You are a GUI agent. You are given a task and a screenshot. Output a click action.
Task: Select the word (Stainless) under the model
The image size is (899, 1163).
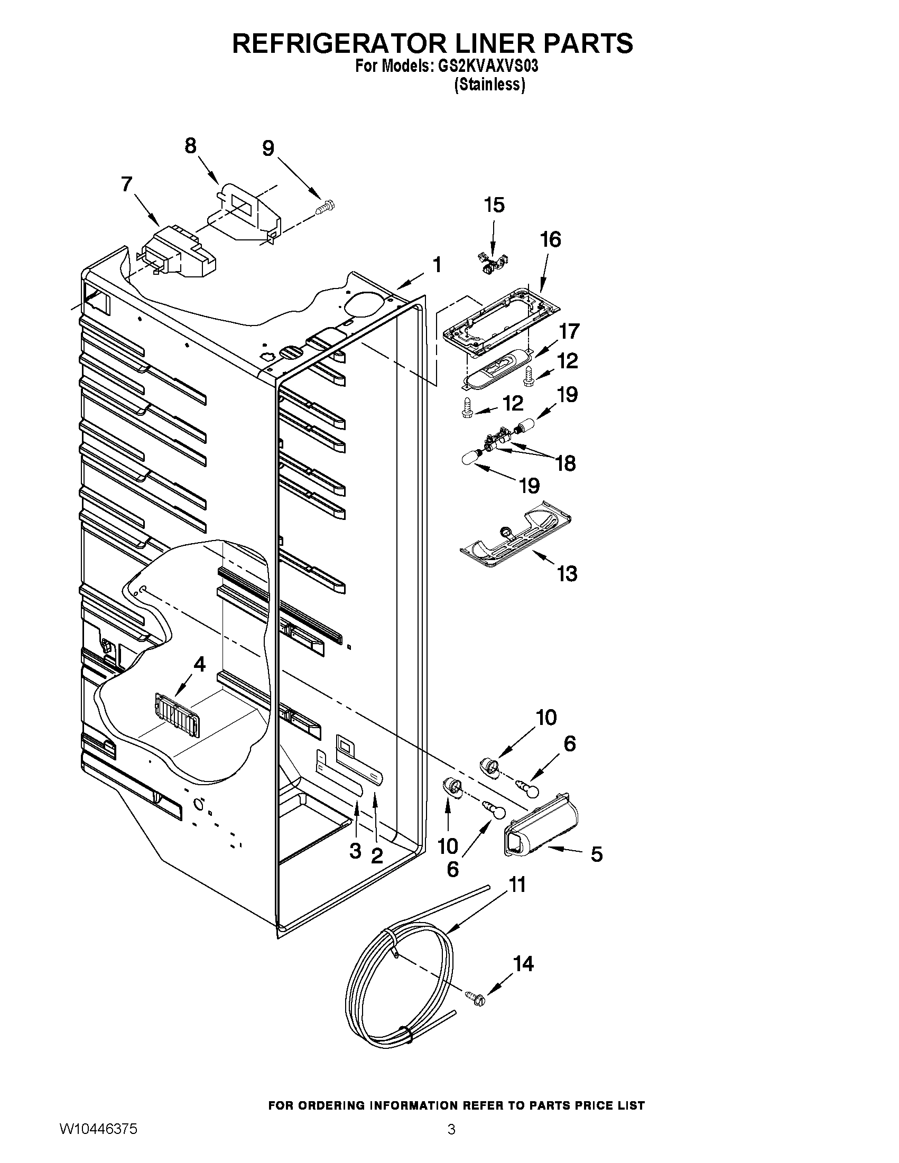click(489, 85)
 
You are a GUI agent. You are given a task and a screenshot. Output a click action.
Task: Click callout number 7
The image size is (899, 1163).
click(126, 184)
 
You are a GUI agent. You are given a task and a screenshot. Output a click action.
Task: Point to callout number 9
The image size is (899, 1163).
click(268, 148)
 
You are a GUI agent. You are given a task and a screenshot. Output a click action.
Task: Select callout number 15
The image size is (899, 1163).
click(494, 205)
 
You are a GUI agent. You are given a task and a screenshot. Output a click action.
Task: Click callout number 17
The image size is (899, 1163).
click(569, 331)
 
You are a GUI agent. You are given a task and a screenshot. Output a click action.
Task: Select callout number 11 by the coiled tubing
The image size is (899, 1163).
click(516, 885)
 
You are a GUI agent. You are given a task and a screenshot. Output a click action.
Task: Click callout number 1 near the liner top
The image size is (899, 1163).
click(437, 265)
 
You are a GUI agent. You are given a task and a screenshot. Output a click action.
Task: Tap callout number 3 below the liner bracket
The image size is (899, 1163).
click(355, 851)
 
